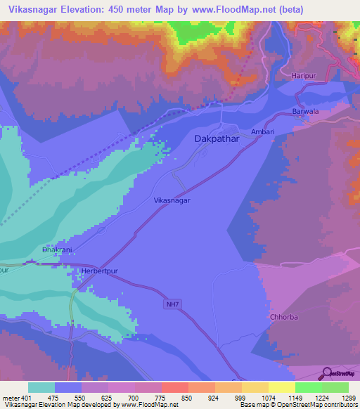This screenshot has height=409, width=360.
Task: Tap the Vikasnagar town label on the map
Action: pyautogui.click(x=172, y=200)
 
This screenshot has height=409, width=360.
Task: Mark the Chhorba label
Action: pyautogui.click(x=285, y=317)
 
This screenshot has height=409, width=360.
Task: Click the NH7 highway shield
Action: pyautogui.click(x=173, y=304)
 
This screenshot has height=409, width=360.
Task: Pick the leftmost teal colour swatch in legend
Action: pyautogui.click(x=41, y=387)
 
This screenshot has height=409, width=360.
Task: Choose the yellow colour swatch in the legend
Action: pyautogui.click(x=282, y=387)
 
